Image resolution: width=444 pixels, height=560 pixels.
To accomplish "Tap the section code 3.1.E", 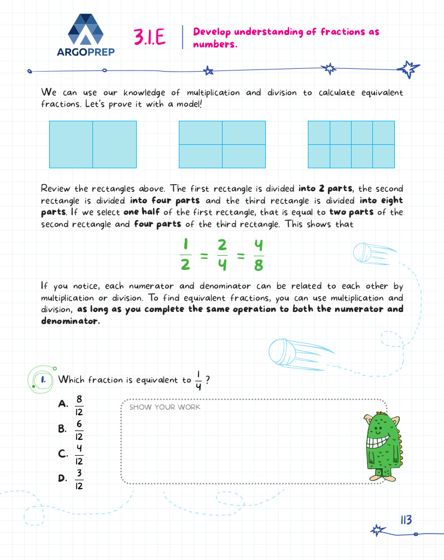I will (149, 37).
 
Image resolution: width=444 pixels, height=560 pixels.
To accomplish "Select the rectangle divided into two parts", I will (92, 144).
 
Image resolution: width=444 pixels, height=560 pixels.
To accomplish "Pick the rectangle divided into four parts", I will (222, 144).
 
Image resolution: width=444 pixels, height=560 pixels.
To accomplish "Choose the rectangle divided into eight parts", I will (351, 144).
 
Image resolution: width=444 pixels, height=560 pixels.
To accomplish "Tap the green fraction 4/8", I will (259, 255).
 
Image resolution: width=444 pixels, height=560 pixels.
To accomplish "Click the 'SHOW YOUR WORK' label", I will (165, 407).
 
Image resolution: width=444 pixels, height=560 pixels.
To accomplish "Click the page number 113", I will (405, 520).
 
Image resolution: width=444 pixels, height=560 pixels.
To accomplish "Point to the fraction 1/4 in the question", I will (198, 380).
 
